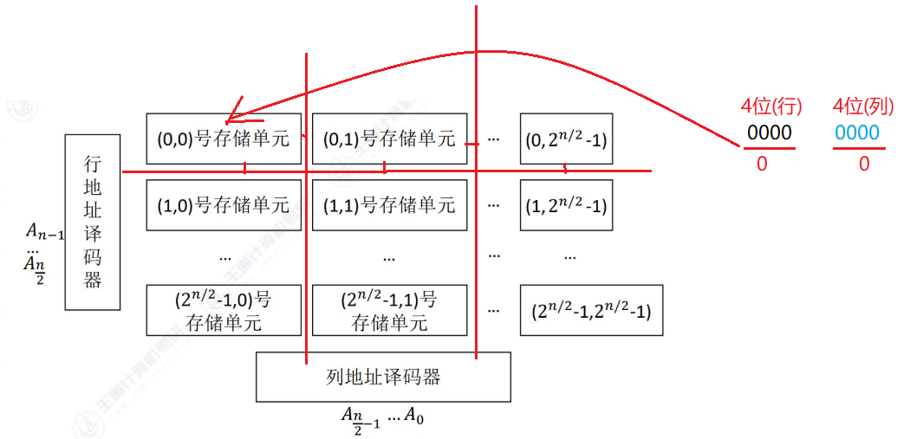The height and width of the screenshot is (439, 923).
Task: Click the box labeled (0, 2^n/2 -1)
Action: click(x=566, y=138)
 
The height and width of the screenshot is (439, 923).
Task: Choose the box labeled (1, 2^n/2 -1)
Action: click(x=566, y=205)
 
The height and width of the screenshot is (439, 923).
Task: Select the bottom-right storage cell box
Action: click(x=591, y=309)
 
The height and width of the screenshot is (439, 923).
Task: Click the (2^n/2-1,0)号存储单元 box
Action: click(x=223, y=310)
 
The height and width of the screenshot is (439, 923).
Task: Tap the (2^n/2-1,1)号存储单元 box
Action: click(x=389, y=310)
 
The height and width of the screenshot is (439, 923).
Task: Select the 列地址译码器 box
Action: click(x=383, y=376)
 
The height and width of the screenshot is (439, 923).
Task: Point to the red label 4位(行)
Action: click(x=770, y=107)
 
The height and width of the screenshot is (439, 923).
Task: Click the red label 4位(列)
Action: click(x=862, y=107)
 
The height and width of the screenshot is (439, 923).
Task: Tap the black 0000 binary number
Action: click(x=770, y=132)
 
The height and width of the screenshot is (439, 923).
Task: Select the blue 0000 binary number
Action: click(x=857, y=132)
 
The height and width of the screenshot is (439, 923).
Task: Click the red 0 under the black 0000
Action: click(x=762, y=164)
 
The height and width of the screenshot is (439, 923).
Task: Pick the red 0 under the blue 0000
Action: click(x=863, y=164)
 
